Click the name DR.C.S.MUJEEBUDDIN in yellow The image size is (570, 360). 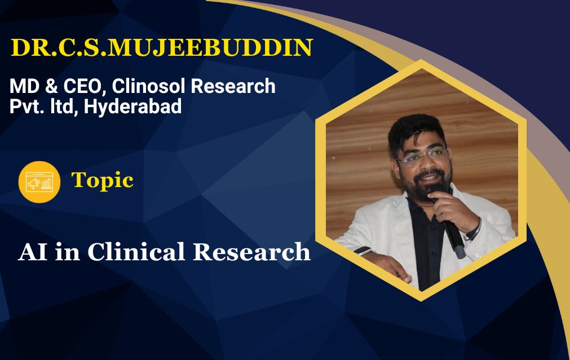(x=162, y=47)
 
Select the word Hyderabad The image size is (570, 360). (x=132, y=107)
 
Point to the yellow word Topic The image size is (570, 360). (x=103, y=181)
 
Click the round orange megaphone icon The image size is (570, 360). (x=39, y=182)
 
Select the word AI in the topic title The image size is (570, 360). (x=33, y=252)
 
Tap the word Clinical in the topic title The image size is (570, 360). (x=136, y=251)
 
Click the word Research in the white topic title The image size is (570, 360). (x=251, y=251)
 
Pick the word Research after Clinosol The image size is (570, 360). (x=233, y=86)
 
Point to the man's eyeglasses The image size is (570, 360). (x=423, y=156)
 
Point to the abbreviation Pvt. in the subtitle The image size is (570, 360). (x=27, y=107)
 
